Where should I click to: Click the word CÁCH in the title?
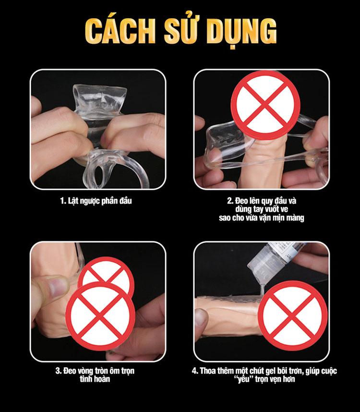point(120,32)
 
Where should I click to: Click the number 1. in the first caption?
point(63,201)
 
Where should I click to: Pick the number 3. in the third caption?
point(58,371)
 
